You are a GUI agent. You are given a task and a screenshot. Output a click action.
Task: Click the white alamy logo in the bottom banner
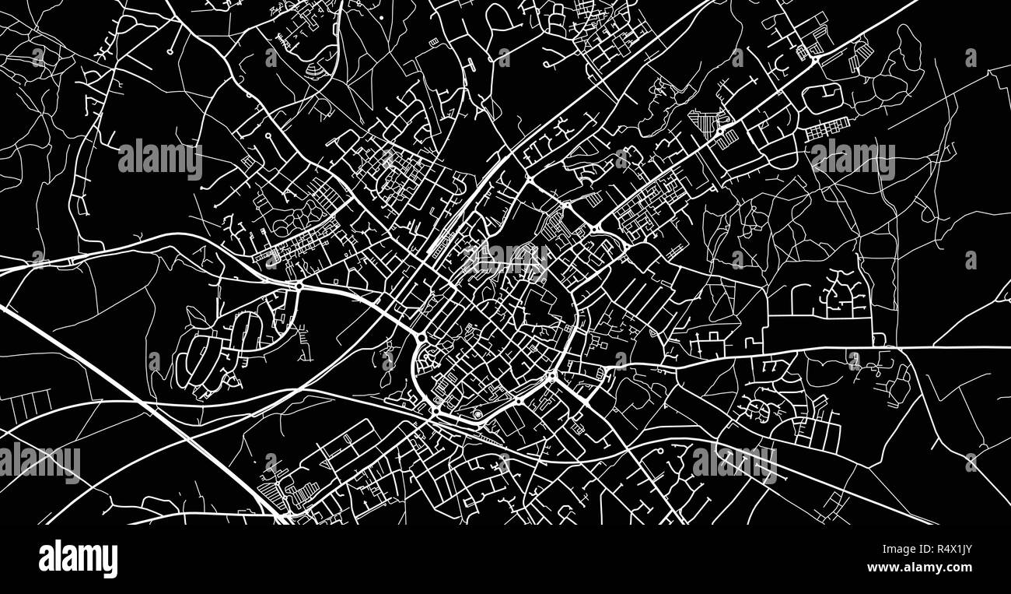78,559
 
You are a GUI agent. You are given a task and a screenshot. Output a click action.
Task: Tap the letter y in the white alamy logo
110,562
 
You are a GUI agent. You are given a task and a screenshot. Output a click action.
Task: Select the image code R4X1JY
945,550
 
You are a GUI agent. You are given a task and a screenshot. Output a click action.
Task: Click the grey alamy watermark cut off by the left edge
39,462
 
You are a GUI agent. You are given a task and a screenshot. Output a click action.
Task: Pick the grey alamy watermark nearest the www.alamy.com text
734,462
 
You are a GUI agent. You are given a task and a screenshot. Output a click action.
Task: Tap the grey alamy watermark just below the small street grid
852,160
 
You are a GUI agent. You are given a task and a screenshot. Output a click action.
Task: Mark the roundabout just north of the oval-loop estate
299,286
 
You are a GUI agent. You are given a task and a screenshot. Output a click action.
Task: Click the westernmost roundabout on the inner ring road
420,338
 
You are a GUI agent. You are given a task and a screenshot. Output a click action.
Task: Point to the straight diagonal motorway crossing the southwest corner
140,405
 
